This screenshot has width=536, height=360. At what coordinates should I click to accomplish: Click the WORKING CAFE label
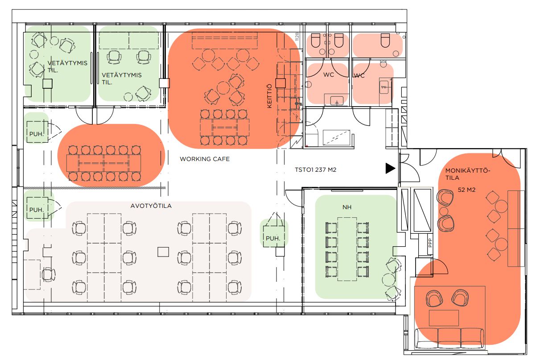(x=205, y=159)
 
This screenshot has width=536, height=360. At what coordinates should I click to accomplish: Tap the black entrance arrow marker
(x=390, y=168)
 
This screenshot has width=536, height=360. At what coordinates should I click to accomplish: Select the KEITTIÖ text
(x=269, y=96)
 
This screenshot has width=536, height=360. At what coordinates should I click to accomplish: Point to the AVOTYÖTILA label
(x=151, y=206)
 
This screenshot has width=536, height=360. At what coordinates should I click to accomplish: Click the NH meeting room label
(x=347, y=207)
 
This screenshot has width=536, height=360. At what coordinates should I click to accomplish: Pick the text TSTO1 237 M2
(x=315, y=170)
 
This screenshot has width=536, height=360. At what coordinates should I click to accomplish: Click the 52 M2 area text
(x=466, y=190)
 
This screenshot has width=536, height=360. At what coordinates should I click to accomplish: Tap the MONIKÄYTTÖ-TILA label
(x=468, y=174)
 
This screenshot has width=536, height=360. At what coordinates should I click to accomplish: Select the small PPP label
(x=430, y=243)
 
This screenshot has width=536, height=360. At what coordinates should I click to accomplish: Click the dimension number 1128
(x=297, y=37)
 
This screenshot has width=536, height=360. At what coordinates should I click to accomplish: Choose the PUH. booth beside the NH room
(x=274, y=236)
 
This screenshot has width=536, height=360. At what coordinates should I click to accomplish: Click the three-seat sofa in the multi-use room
(x=449, y=338)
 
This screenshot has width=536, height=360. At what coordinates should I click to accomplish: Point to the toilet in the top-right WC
(x=385, y=40)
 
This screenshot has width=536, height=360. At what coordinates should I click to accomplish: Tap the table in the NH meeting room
(x=347, y=249)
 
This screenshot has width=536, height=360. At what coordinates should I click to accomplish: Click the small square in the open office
(x=163, y=252)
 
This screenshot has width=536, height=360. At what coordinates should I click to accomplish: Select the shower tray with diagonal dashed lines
(x=336, y=137)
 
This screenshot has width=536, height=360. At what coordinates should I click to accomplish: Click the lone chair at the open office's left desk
(x=48, y=274)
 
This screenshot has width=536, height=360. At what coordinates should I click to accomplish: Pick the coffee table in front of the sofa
(x=444, y=318)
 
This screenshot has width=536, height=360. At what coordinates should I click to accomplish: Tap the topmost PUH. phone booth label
(x=37, y=134)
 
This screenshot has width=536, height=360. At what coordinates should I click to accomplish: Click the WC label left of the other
(x=329, y=75)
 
